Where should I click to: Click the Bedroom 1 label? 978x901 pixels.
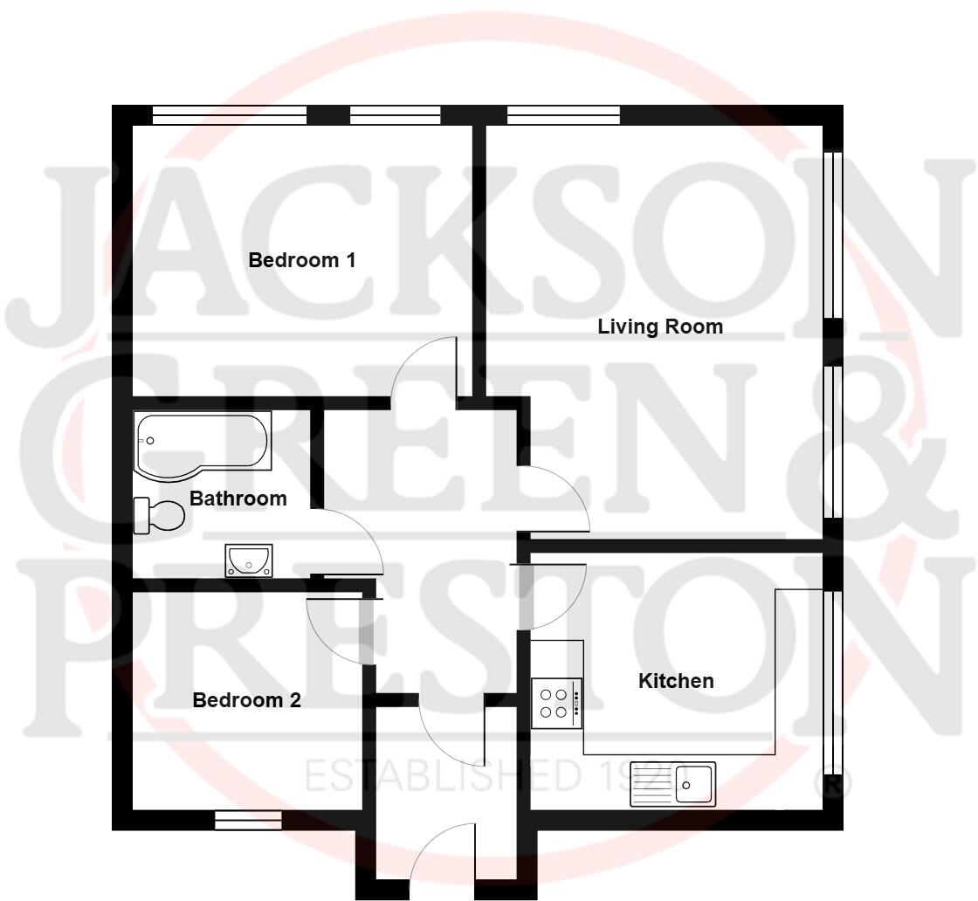tap(302, 260)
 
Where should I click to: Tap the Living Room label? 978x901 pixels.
tap(660, 327)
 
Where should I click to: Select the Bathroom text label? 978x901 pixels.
tap(238, 499)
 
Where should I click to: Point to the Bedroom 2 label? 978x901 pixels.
tap(247, 700)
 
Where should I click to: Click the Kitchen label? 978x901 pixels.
tap(677, 681)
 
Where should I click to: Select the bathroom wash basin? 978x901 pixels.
tap(249, 559)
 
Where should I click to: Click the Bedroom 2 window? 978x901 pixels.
tap(248, 820)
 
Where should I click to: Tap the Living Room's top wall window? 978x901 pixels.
tap(563, 114)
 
